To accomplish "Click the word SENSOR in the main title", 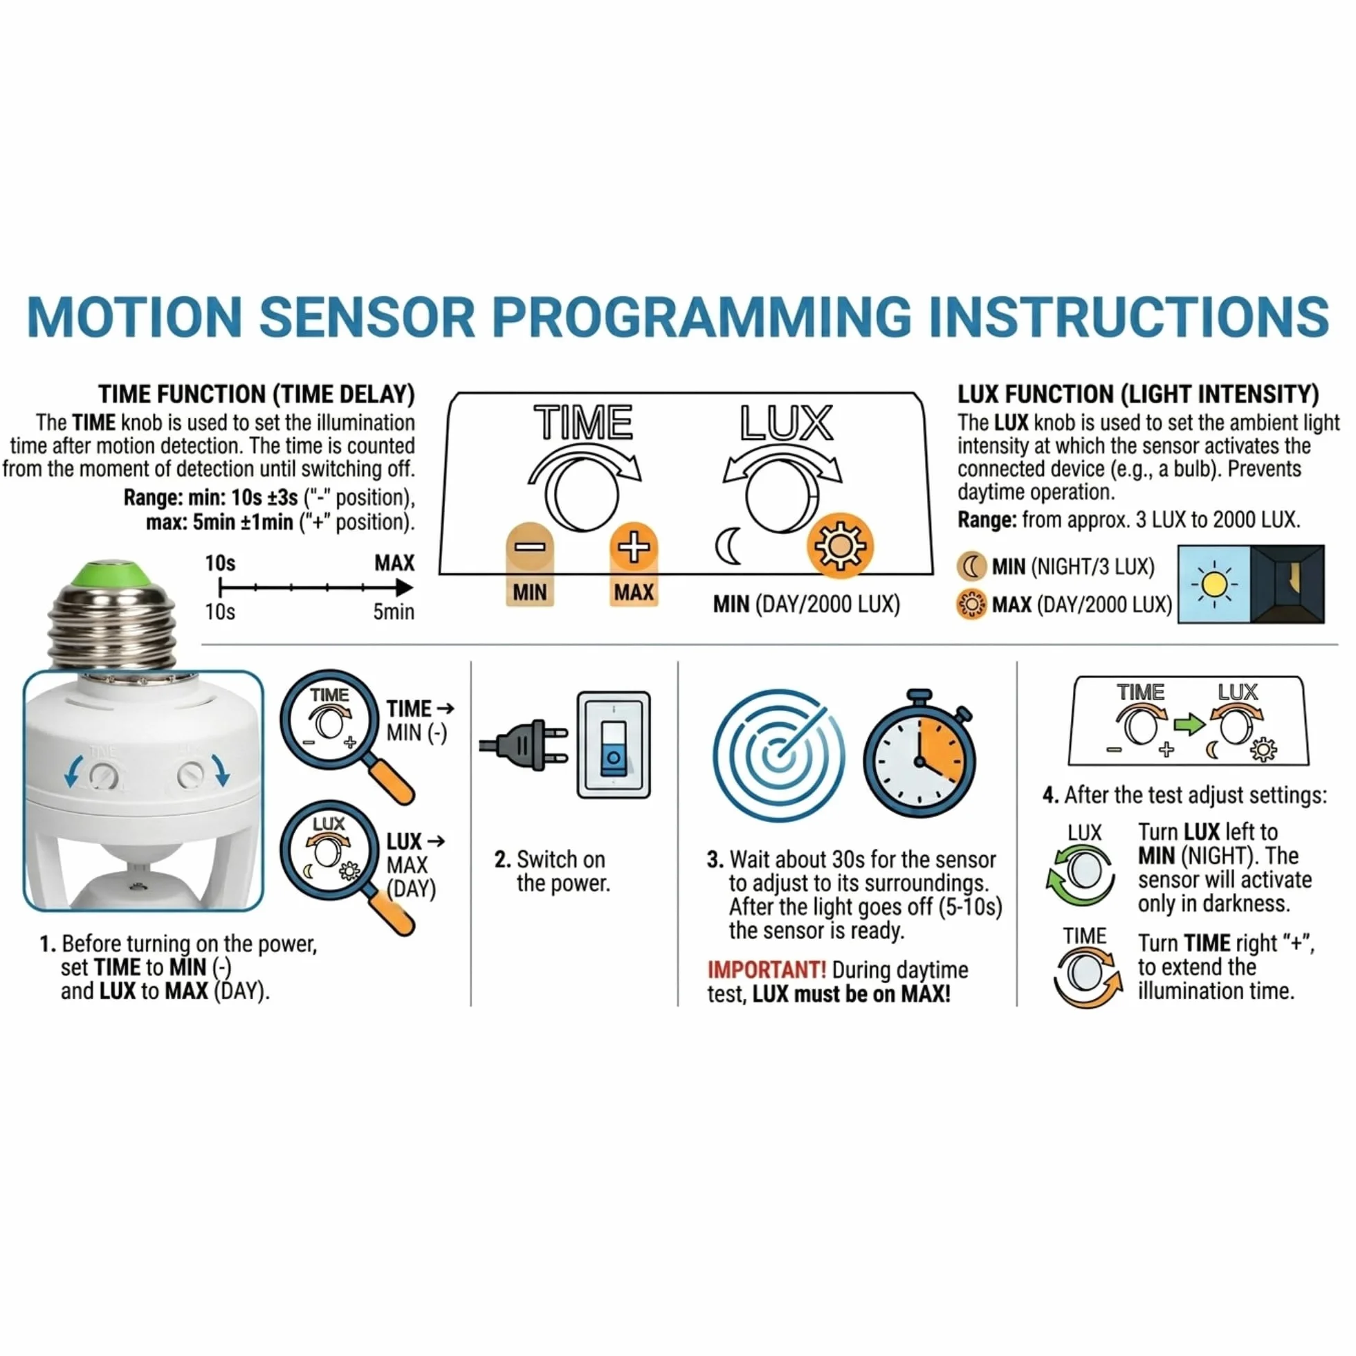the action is pyautogui.click(x=367, y=317).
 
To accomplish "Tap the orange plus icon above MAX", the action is pyautogui.click(x=633, y=547).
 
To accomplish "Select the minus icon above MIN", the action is pyautogui.click(x=529, y=547).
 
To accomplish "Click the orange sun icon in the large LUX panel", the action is pyautogui.click(x=839, y=547).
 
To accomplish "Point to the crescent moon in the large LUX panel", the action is pyautogui.click(x=728, y=547).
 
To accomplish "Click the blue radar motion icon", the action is pyautogui.click(x=778, y=755).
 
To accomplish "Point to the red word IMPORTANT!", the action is pyautogui.click(x=767, y=970).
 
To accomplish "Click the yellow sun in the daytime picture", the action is pyautogui.click(x=1214, y=584).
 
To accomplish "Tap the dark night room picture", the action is pyautogui.click(x=1288, y=584).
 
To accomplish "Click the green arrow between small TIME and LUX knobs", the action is pyautogui.click(x=1189, y=724).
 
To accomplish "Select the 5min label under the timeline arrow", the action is pyautogui.click(x=393, y=612).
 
